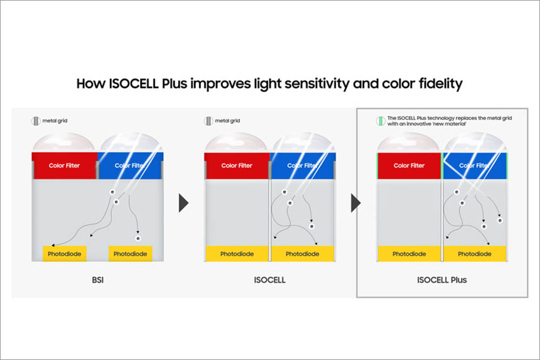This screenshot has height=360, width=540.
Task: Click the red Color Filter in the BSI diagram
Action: [x=64, y=165]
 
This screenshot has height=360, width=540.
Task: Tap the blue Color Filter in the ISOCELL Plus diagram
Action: [x=474, y=166]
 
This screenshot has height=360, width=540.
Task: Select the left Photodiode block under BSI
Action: [x=65, y=254]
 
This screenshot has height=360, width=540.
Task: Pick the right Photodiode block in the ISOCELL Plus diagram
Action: [x=475, y=254]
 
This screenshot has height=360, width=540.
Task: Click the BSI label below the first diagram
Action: [x=98, y=280]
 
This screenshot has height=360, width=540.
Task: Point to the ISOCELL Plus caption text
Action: [x=442, y=280]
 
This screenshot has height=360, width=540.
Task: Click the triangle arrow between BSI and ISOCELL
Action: [x=183, y=203]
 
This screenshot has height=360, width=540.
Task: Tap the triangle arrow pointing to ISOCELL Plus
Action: [x=356, y=203]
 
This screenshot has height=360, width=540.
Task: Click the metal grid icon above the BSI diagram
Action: [x=36, y=121]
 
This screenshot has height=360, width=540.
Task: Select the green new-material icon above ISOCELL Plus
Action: [x=381, y=121]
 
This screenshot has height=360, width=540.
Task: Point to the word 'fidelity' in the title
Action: [x=440, y=84]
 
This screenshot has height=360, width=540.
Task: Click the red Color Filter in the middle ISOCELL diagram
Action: [x=237, y=165]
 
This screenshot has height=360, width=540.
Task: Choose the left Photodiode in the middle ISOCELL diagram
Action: [x=237, y=254]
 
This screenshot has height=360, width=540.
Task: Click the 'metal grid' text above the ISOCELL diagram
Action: [x=227, y=121]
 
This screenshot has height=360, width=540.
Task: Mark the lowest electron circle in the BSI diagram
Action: [x=138, y=238]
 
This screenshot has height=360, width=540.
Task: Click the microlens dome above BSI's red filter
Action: [x=63, y=143]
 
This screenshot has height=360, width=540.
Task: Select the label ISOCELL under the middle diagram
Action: [x=269, y=280]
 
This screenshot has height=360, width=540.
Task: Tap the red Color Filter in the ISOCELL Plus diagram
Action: [x=409, y=166]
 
